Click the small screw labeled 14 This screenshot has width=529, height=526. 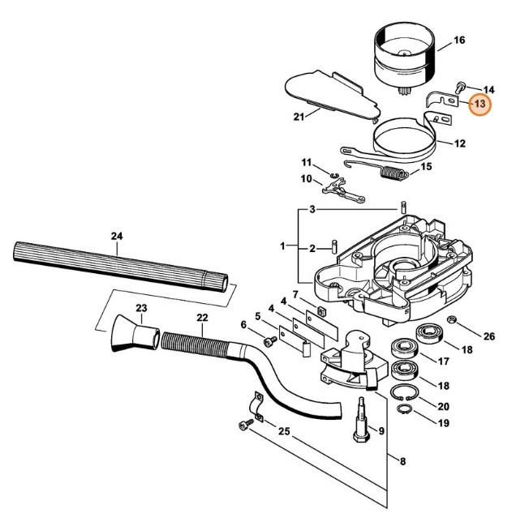(x=462, y=86)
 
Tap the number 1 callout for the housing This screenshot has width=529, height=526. (x=283, y=245)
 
